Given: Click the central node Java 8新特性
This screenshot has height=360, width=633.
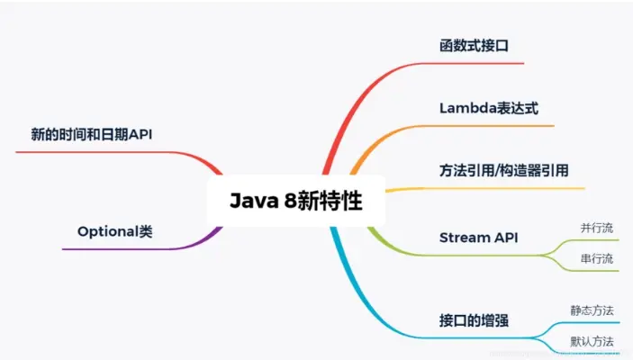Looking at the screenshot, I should (x=295, y=200).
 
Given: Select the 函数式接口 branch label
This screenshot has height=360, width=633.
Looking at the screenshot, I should (x=475, y=45).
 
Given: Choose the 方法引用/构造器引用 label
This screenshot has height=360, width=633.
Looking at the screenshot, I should (x=503, y=170).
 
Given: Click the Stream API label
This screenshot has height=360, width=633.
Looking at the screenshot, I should (x=478, y=238).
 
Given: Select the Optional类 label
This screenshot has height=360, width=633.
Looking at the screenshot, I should (x=114, y=231).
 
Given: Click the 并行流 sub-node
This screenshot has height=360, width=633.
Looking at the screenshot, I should (x=597, y=228).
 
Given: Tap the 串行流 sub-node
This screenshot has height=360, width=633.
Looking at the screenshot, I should (x=597, y=259).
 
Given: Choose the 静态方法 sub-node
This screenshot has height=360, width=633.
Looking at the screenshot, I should (x=592, y=310).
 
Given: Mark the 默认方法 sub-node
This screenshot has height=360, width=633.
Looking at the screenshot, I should (x=592, y=341).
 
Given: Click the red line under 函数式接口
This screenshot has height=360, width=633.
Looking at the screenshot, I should (x=477, y=63).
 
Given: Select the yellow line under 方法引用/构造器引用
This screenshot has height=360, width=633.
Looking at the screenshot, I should (x=504, y=189).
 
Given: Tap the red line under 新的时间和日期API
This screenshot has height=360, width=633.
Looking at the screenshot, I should (x=99, y=152).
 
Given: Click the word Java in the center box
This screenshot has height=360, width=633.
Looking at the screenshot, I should (x=252, y=200).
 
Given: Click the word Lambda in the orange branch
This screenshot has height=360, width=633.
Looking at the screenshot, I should (x=467, y=107).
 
